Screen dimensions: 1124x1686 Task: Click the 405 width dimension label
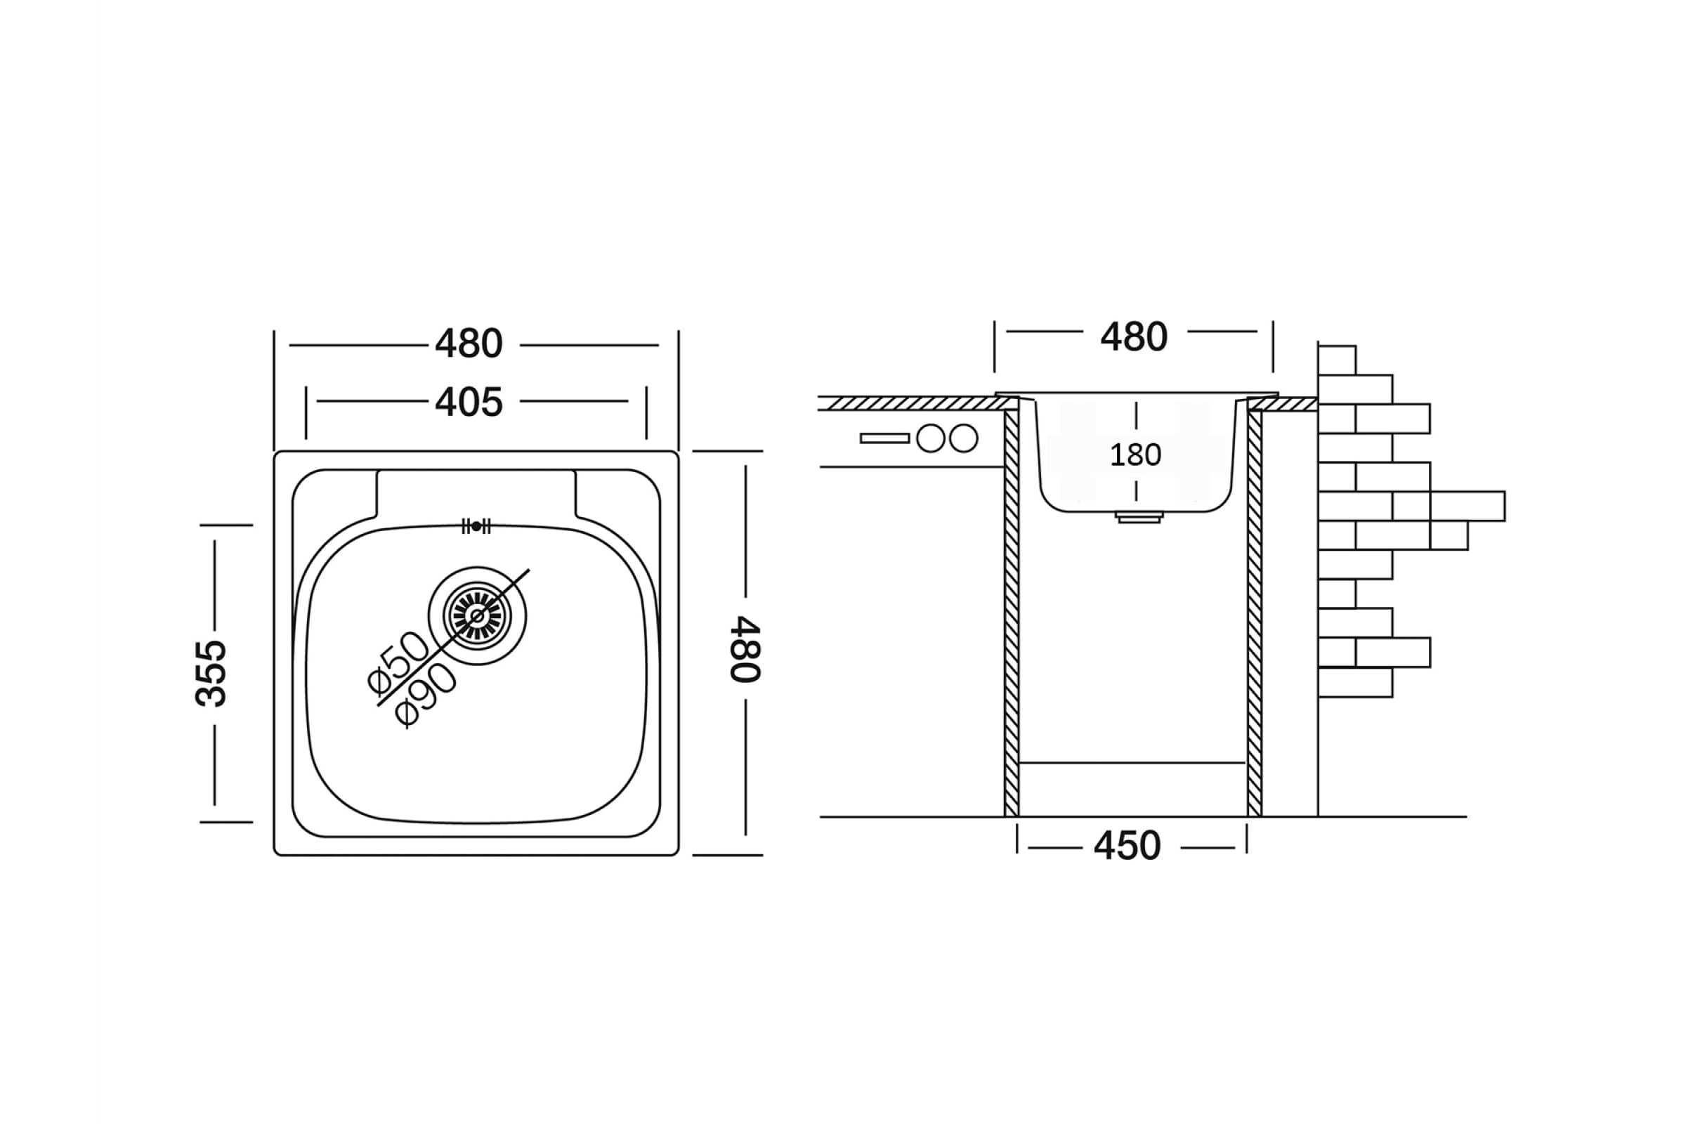(469, 402)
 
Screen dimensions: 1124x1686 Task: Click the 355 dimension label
(211, 673)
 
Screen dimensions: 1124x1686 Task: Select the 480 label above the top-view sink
(469, 344)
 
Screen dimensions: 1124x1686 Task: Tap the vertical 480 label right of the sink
(745, 648)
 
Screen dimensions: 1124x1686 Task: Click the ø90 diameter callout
(426, 694)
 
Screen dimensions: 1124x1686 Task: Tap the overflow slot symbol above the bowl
(476, 526)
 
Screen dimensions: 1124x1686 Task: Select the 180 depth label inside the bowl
(1135, 455)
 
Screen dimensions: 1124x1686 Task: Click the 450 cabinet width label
(1127, 847)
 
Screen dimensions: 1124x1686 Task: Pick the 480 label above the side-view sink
(1134, 336)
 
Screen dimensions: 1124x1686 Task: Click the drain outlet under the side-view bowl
(1139, 517)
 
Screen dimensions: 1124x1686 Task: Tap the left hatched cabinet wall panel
(1012, 613)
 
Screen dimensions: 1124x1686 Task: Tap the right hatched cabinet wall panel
(1255, 613)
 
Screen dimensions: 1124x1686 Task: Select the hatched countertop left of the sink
(910, 403)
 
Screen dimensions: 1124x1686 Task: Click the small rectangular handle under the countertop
(884, 438)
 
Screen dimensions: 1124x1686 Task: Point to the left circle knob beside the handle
(930, 438)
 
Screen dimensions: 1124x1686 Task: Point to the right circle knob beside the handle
(964, 438)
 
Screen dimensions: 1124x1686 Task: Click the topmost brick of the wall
(1337, 360)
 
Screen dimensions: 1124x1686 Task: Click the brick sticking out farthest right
(1467, 506)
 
